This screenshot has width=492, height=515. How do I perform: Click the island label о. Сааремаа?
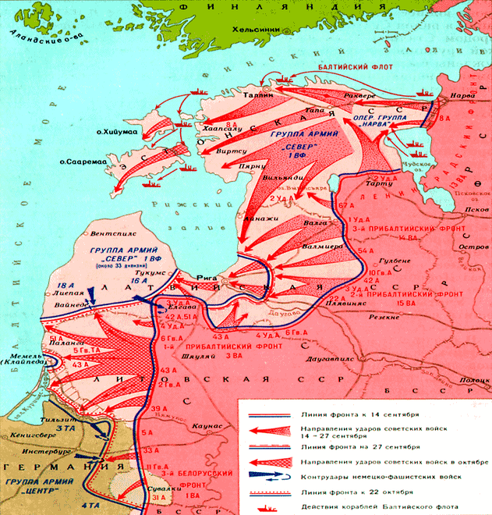click(x=85, y=162)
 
